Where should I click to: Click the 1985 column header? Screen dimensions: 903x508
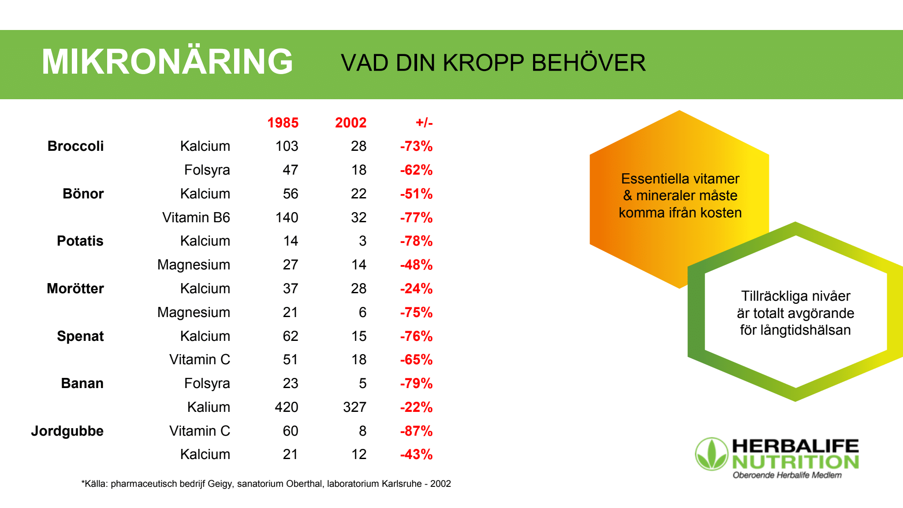pyautogui.click(x=283, y=123)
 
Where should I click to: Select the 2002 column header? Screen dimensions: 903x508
pyautogui.click(x=351, y=123)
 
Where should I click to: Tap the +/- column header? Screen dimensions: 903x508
pyautogui.click(x=424, y=123)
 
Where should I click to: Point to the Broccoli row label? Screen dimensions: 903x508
pyautogui.click(x=75, y=146)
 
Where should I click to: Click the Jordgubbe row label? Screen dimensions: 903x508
pyautogui.click(x=67, y=431)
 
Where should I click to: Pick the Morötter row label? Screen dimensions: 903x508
pyautogui.click(x=75, y=288)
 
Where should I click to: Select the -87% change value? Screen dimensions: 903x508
pyautogui.click(x=416, y=431)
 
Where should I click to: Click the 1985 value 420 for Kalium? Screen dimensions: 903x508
pyautogui.click(x=287, y=407)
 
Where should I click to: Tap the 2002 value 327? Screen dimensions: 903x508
pyautogui.click(x=354, y=407)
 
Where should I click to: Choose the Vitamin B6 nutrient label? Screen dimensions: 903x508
pyautogui.click(x=196, y=217)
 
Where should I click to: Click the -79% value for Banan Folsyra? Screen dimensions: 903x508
pyautogui.click(x=416, y=383)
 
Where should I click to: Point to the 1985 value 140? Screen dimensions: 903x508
pyautogui.click(x=287, y=217)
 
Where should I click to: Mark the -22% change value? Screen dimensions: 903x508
pyautogui.click(x=416, y=407)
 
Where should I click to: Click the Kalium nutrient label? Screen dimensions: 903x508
pyautogui.click(x=209, y=407)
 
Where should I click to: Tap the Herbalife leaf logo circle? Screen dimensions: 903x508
pyautogui.click(x=712, y=454)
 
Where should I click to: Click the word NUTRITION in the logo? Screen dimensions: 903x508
pyautogui.click(x=795, y=462)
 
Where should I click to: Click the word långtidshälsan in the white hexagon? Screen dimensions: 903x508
pyautogui.click(x=795, y=330)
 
